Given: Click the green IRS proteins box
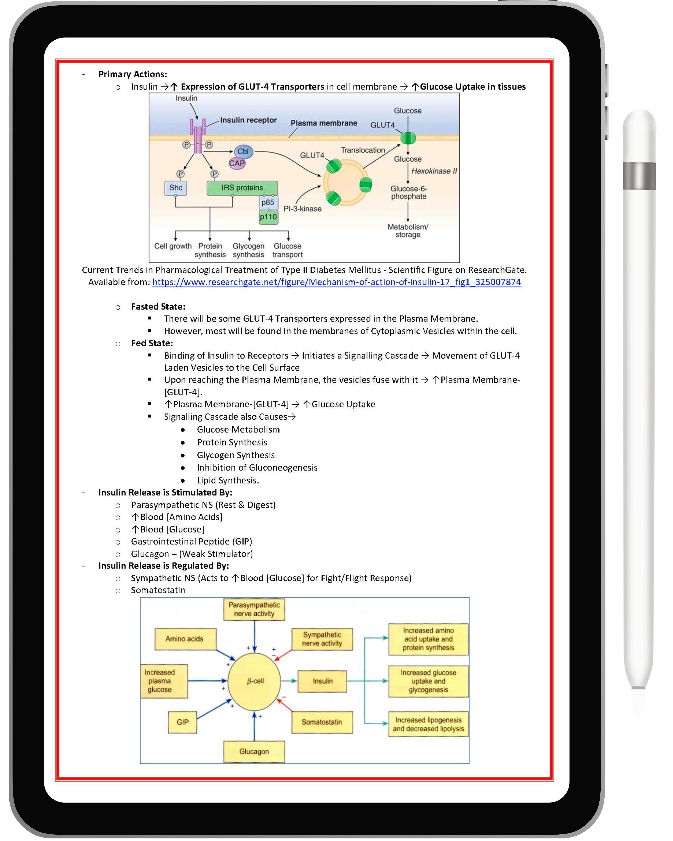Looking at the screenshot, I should (242, 188).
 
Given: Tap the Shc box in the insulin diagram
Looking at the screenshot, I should (175, 188).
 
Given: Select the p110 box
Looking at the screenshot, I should (268, 217).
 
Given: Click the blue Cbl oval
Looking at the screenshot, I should (243, 151).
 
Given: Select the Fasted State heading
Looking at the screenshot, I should (158, 307).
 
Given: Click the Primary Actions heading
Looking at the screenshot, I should (133, 74).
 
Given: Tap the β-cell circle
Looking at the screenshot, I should (254, 681).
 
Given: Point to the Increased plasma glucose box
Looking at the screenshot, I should (164, 681).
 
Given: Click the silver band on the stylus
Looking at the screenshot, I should (639, 176).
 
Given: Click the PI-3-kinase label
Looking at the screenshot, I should (302, 209).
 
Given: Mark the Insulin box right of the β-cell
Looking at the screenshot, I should (322, 681).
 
